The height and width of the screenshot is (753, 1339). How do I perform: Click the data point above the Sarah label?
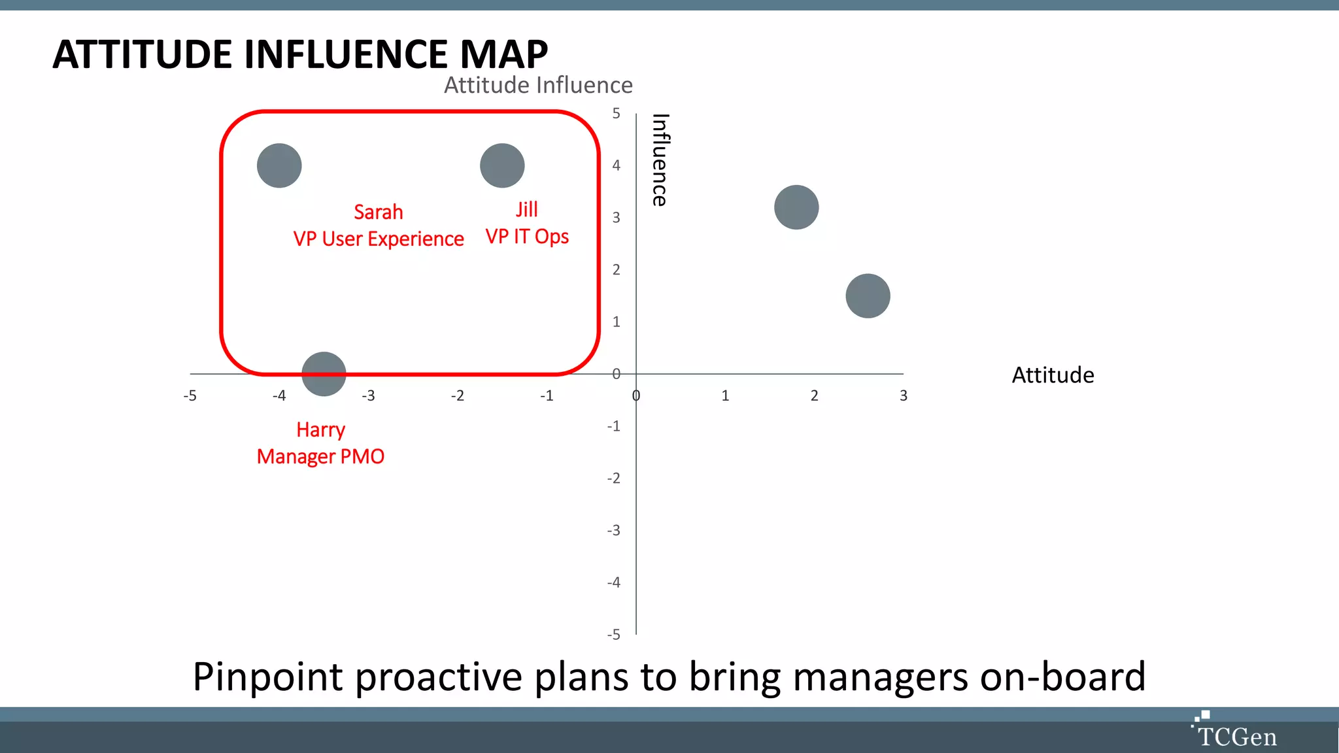279,166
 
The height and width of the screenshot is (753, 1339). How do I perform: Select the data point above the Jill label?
502,166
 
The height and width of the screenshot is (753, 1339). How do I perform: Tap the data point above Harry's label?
324,374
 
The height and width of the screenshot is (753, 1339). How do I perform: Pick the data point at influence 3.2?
796,207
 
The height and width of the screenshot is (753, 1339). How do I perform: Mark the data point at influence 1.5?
868,296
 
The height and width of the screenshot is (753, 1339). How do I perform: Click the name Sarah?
378,212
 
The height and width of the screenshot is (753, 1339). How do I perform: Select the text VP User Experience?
379,239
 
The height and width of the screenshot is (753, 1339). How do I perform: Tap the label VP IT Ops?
527,237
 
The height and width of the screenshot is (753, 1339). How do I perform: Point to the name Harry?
320,430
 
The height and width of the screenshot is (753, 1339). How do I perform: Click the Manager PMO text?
320,457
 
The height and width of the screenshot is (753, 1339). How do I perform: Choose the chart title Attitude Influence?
538,86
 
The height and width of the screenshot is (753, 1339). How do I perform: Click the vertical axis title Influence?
660,160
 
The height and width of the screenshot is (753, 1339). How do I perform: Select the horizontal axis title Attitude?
1053,375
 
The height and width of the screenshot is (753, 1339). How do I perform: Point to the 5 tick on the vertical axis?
616,114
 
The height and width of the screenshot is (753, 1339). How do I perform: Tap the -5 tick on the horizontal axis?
190,395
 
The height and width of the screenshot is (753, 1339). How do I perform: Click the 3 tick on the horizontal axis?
903,395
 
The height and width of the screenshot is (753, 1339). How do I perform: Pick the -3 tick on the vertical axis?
613,530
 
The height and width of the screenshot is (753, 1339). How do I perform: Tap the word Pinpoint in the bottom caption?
267,677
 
